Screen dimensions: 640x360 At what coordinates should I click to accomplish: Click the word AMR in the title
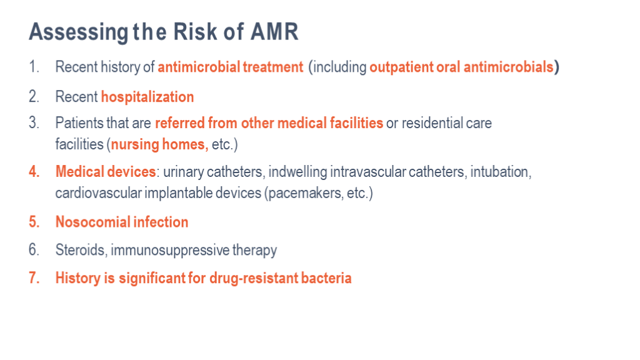click(274, 31)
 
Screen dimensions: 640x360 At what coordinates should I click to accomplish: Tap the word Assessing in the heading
click(79, 32)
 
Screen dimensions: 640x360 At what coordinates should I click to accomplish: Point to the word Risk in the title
click(195, 31)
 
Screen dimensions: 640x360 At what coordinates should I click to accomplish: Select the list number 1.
click(34, 66)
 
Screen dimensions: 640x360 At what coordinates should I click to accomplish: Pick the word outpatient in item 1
click(401, 67)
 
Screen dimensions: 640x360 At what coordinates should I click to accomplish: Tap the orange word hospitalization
click(147, 97)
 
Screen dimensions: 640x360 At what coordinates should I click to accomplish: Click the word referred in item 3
click(179, 122)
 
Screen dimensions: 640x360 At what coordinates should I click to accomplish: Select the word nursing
click(135, 144)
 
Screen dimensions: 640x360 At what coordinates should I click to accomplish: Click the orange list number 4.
click(34, 171)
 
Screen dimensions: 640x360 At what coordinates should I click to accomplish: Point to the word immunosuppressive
click(170, 250)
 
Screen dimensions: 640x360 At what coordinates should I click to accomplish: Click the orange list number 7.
click(34, 277)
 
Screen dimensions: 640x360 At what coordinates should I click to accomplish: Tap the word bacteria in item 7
click(326, 277)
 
